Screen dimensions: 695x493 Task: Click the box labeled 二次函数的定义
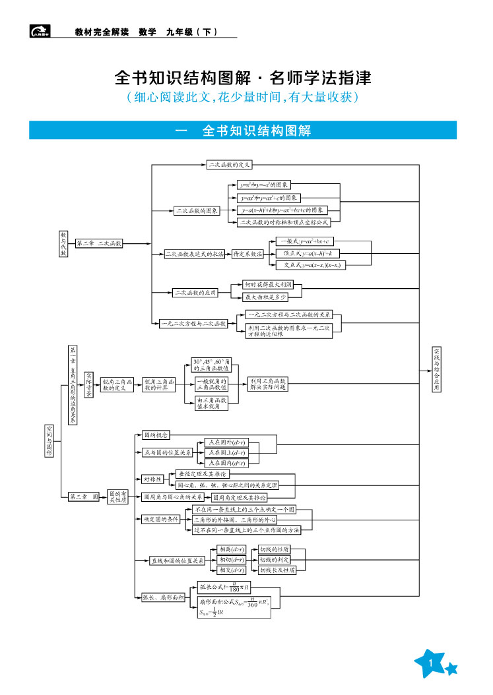[x=229, y=165]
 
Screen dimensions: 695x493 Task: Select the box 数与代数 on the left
[x=63, y=244]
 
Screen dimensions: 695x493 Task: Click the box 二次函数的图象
[x=197, y=211]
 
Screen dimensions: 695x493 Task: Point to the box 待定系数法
[x=247, y=254]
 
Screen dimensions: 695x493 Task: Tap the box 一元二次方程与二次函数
[x=193, y=324]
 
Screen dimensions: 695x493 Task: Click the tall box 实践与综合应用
[x=437, y=370]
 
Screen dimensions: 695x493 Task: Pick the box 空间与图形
[x=49, y=440]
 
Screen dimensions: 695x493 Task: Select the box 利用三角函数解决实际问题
[x=268, y=384]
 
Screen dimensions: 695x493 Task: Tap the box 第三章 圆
[x=84, y=497]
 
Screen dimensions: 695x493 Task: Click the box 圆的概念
[x=156, y=435]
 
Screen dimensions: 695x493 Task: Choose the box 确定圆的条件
[x=161, y=520]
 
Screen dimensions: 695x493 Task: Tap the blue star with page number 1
[x=432, y=663]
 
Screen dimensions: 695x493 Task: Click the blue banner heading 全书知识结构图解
[x=243, y=131]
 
